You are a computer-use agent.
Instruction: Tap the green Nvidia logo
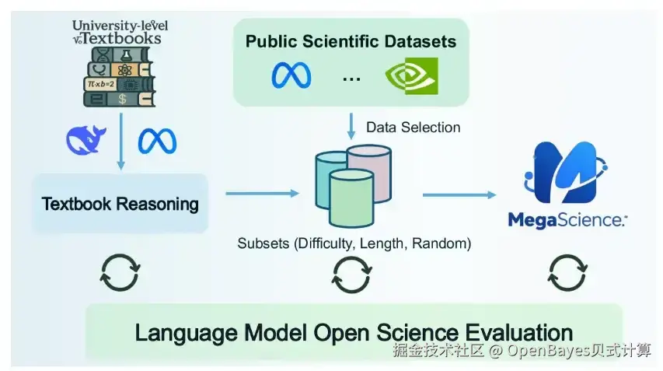pos(411,76)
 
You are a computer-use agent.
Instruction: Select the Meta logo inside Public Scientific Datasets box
pos(291,75)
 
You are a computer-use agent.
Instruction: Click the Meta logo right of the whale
pos(157,141)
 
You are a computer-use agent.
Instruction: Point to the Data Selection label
pos(413,128)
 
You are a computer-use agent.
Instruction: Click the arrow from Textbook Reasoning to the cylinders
pos(262,194)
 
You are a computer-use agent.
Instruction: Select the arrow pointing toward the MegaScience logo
pos(459,194)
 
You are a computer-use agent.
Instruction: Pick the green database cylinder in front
pos(351,198)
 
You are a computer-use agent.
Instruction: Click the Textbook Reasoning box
pos(120,204)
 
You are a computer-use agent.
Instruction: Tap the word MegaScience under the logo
pos(567,220)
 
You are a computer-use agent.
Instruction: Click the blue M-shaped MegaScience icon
pos(566,172)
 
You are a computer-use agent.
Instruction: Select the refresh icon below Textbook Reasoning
pos(120,272)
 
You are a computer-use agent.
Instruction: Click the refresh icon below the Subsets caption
pos(352,275)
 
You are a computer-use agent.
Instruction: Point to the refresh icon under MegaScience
pos(567,273)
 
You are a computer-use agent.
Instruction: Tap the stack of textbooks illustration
pos(119,76)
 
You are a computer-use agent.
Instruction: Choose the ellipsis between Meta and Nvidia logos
pos(351,79)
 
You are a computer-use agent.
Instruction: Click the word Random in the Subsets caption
pos(441,243)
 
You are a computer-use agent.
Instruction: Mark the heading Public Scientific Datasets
pos(351,41)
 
